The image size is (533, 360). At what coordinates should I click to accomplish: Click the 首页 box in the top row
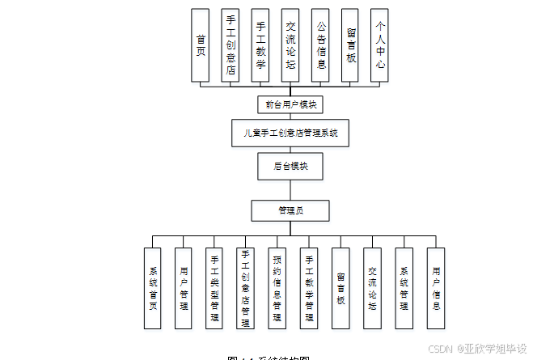pos(200,45)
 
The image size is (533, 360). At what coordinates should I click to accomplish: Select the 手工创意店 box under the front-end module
pos(231,45)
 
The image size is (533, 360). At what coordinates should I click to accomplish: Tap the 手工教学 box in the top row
pos(260,45)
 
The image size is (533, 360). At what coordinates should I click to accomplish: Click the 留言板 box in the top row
pos(350,45)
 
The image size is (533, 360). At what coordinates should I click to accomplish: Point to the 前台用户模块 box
pos(290,104)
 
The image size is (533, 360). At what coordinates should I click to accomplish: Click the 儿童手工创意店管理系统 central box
pos(290,133)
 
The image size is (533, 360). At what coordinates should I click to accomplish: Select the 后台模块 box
pos(290,166)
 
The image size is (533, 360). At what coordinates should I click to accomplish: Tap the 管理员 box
pos(290,210)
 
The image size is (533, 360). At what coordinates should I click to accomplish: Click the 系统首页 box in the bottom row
pos(153,288)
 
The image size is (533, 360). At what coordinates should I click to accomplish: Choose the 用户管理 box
pos(184,288)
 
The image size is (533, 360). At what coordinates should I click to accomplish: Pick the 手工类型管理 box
pos(214,288)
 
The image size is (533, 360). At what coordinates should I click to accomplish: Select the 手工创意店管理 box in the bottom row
pos(246,288)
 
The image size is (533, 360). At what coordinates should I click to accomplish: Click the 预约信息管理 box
pos(277,288)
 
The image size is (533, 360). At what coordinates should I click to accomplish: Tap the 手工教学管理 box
pos(309,288)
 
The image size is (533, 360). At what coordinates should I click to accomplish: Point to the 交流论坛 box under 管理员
pos(373,288)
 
